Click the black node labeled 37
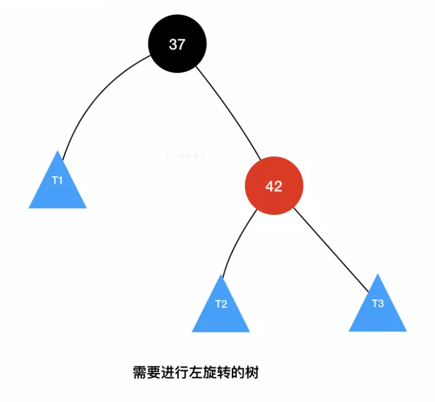[177, 43]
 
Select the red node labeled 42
[274, 186]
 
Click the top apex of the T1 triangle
[59, 152]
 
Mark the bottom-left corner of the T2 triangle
[193, 331]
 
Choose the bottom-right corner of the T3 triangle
[406, 331]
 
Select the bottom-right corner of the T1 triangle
[86, 208]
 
